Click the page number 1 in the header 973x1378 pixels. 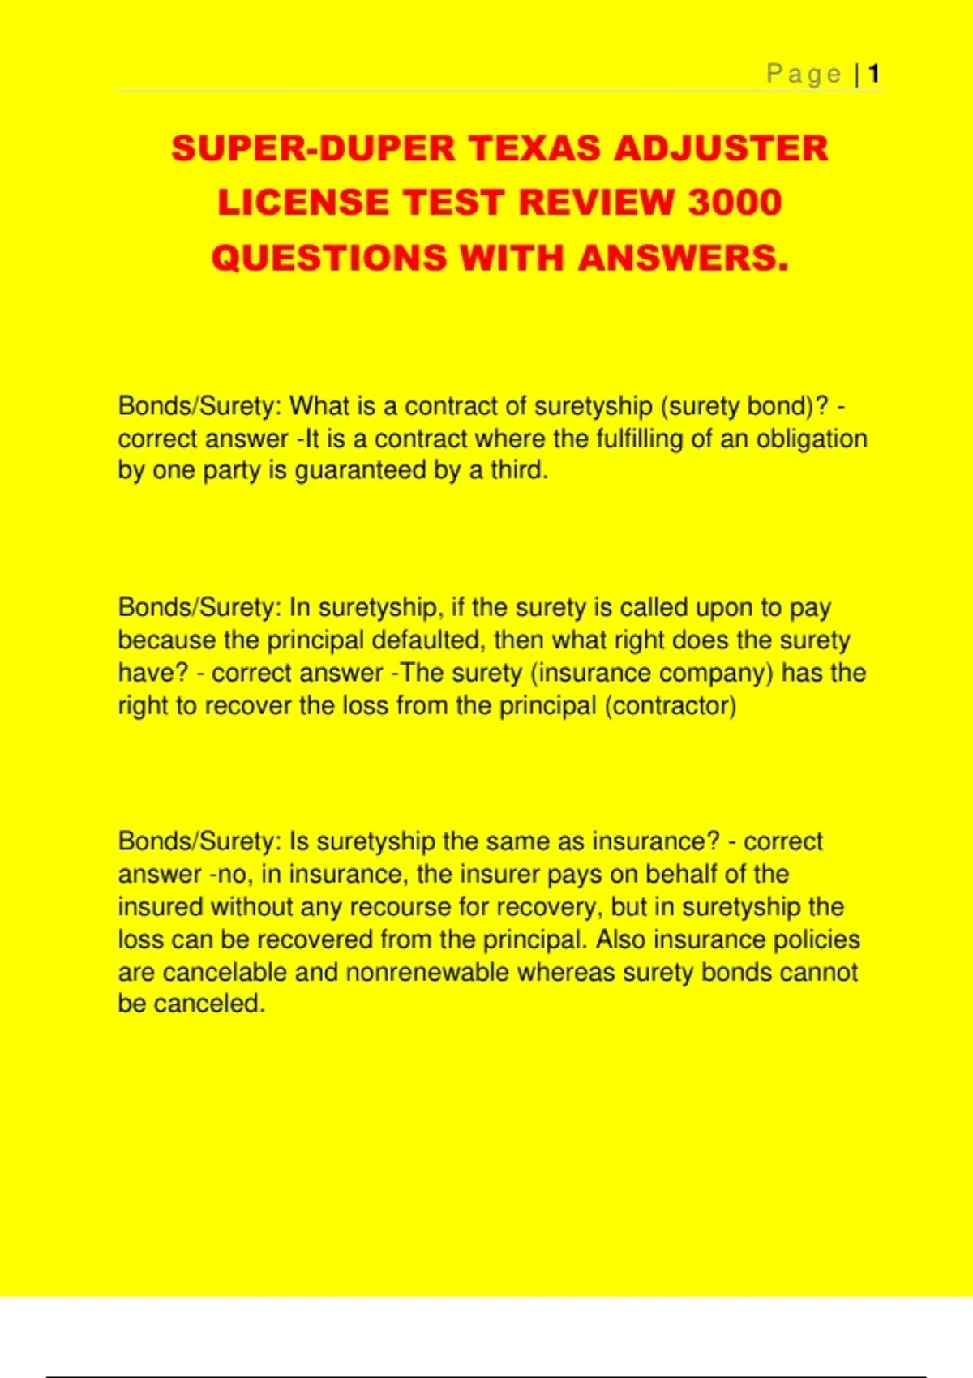(873, 75)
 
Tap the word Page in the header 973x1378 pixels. (804, 75)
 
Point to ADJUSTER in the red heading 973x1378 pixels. (721, 148)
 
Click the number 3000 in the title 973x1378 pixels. (735, 203)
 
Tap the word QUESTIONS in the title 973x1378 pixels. (328, 258)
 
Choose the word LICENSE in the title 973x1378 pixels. (305, 203)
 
